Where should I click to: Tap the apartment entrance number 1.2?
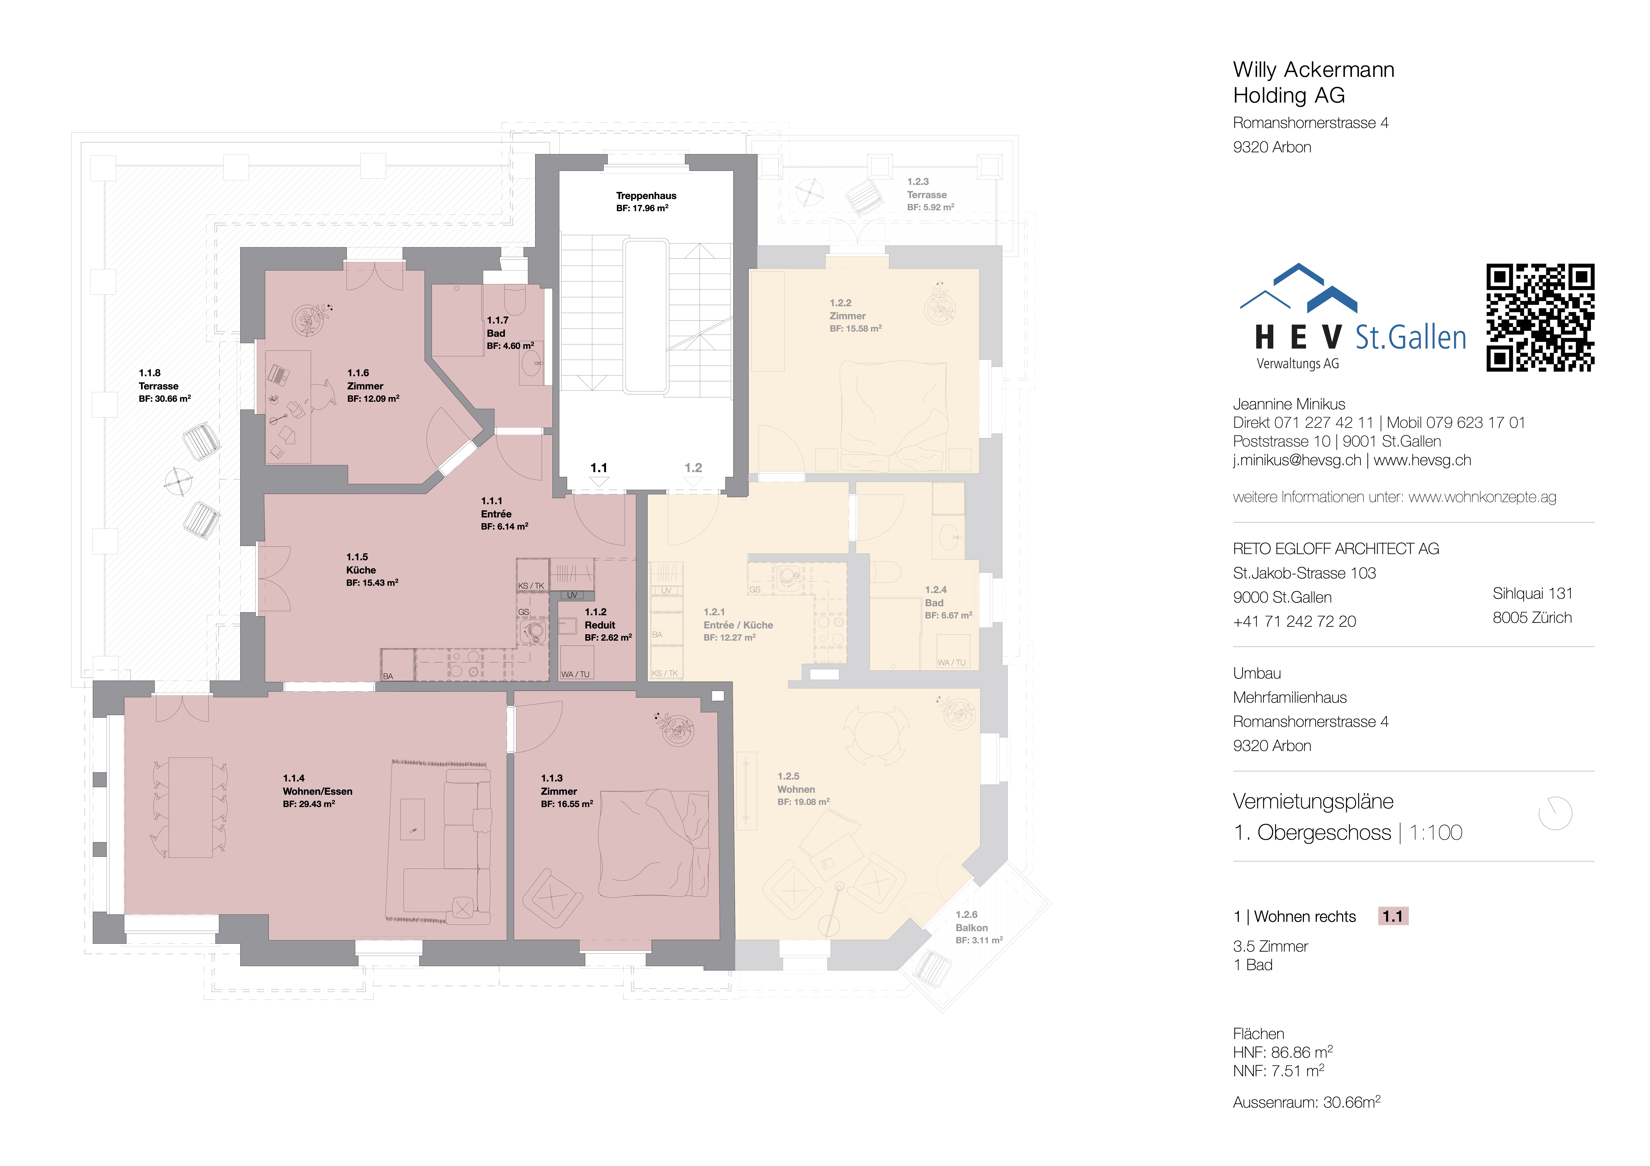(x=693, y=468)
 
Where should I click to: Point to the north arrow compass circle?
(x=1555, y=813)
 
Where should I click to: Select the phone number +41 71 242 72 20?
(x=1294, y=621)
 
